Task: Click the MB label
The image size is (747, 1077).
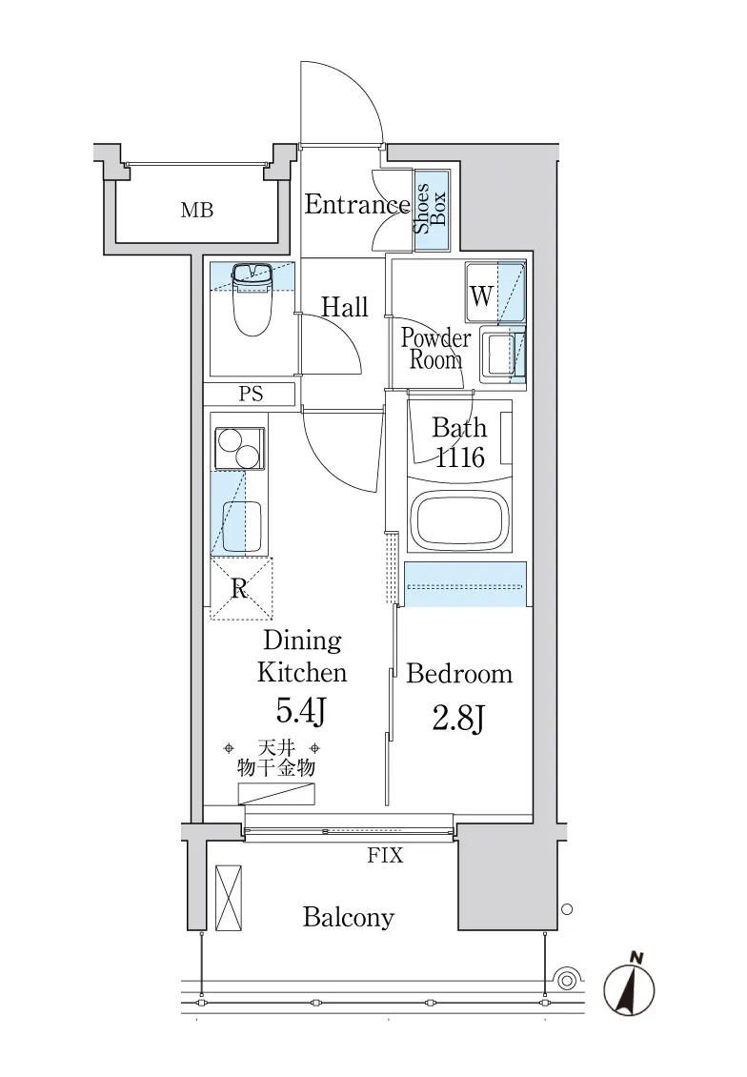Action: (x=197, y=211)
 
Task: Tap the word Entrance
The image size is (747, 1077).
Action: (x=357, y=204)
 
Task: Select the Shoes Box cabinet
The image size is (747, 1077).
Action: (x=432, y=203)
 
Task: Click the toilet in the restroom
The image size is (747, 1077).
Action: (x=252, y=298)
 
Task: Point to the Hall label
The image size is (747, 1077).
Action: (x=345, y=307)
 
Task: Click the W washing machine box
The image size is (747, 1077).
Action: (x=481, y=295)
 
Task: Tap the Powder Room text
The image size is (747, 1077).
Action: (x=436, y=349)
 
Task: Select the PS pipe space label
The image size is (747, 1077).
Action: (x=251, y=395)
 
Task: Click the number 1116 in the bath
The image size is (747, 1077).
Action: (x=460, y=457)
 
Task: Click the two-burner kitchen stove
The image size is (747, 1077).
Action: (x=238, y=448)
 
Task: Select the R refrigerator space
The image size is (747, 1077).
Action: (x=240, y=589)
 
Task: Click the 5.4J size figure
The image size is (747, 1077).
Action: (x=300, y=712)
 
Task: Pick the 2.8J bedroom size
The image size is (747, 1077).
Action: (x=458, y=720)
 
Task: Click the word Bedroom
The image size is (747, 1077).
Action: (x=459, y=674)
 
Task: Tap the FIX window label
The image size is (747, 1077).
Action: (x=385, y=856)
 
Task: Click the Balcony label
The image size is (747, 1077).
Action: (x=349, y=918)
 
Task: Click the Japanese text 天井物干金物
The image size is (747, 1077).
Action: (x=276, y=759)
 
